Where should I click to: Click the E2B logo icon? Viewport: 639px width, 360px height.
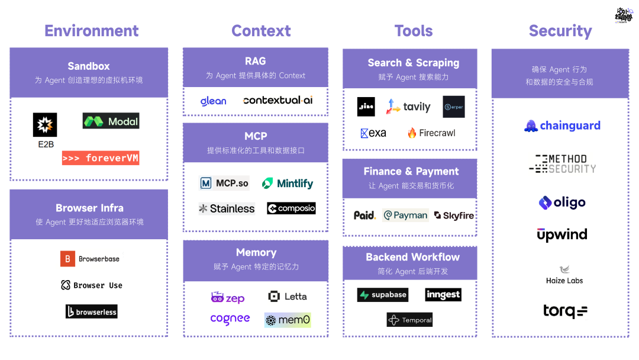coord(45,124)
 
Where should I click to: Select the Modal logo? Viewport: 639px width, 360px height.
coord(111,121)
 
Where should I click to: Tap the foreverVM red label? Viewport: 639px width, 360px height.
coord(101,158)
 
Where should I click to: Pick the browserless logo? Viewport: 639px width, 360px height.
coord(91,311)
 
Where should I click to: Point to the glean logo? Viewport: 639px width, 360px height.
coord(213,101)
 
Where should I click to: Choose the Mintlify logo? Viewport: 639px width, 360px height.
coord(288,184)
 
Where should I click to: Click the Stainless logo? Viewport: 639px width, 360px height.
coord(227,208)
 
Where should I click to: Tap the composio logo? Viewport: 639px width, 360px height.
coord(291,208)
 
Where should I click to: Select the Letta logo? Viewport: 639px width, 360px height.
coord(288,296)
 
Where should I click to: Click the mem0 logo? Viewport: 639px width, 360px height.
coord(288,320)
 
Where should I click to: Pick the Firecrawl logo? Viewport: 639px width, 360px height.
coord(431,133)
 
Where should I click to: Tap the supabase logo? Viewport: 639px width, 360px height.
coord(382,295)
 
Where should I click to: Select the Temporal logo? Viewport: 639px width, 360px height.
coord(409,320)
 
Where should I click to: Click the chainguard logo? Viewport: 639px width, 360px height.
coord(562,126)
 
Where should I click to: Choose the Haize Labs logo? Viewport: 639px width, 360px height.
coord(564,275)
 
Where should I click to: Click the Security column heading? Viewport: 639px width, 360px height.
coord(560,31)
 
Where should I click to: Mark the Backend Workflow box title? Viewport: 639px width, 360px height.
coord(412,257)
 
